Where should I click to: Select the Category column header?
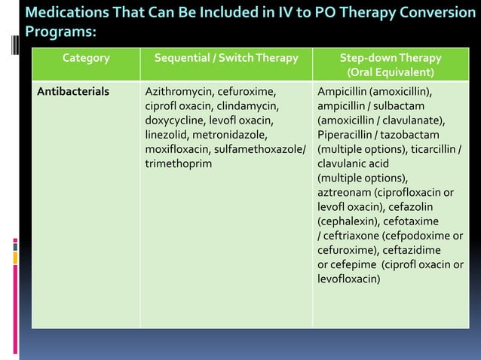(x=85, y=58)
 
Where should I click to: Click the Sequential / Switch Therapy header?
(x=226, y=58)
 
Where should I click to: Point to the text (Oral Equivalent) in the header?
(x=390, y=73)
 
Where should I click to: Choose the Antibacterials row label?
(x=73, y=92)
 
